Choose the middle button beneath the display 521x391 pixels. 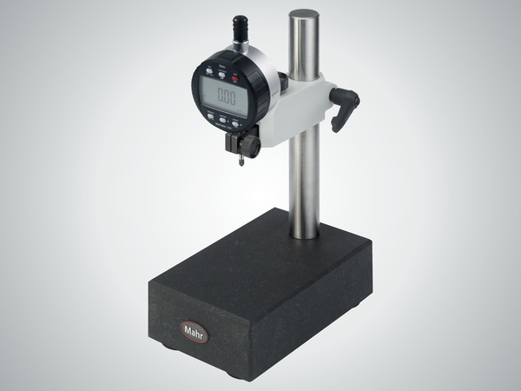click(223, 119)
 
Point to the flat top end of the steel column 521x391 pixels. click(304, 15)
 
